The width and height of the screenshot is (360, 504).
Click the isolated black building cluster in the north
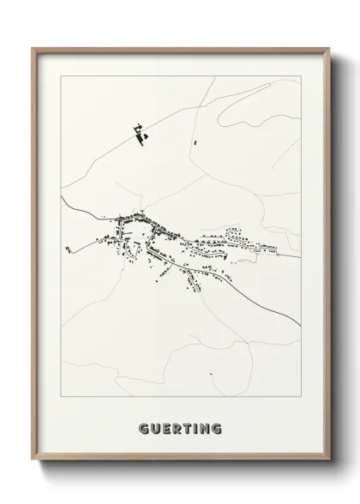139,133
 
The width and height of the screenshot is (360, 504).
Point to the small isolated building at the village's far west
67,249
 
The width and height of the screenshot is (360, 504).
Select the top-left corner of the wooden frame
33,48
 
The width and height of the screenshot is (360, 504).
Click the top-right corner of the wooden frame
328,48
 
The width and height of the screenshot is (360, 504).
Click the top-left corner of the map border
61,76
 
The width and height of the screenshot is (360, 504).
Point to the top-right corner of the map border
302,76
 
